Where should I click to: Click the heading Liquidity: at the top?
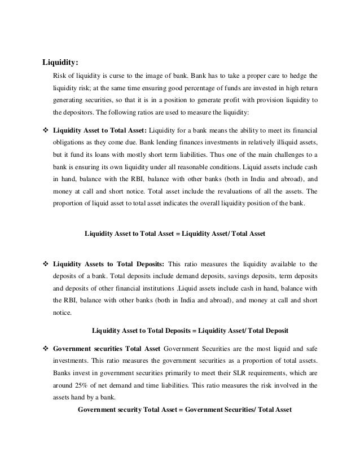(62, 62)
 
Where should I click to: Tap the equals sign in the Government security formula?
(181, 410)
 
